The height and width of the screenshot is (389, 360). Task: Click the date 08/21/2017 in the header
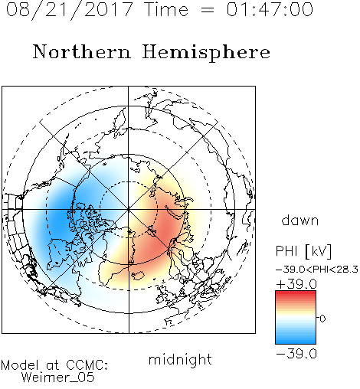[x=69, y=10]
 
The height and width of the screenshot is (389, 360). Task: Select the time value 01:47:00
[x=270, y=9]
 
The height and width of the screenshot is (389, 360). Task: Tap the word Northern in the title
[x=82, y=52]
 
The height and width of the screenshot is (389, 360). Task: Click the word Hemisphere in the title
[x=206, y=53]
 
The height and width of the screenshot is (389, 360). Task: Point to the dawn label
[x=300, y=221]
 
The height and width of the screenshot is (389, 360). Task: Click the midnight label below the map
[x=180, y=360]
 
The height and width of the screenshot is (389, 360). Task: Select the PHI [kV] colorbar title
[x=303, y=251]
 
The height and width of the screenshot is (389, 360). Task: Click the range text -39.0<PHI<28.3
[x=317, y=270]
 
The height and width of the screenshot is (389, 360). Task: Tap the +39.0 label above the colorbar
[x=296, y=284]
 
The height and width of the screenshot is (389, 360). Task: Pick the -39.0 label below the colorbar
[x=296, y=354]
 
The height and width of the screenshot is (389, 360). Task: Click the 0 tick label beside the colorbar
[x=322, y=319]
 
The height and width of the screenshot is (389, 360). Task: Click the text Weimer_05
[x=58, y=378]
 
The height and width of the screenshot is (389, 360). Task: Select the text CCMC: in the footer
[x=87, y=365]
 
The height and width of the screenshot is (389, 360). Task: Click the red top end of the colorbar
[x=296, y=293]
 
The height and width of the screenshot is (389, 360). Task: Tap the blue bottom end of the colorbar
[x=296, y=342]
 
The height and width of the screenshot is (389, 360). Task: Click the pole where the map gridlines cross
[x=129, y=210]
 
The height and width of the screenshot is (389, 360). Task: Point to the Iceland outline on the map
[x=138, y=276]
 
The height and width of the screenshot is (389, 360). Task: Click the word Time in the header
[x=166, y=10]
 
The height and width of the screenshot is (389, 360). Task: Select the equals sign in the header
[x=207, y=11]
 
